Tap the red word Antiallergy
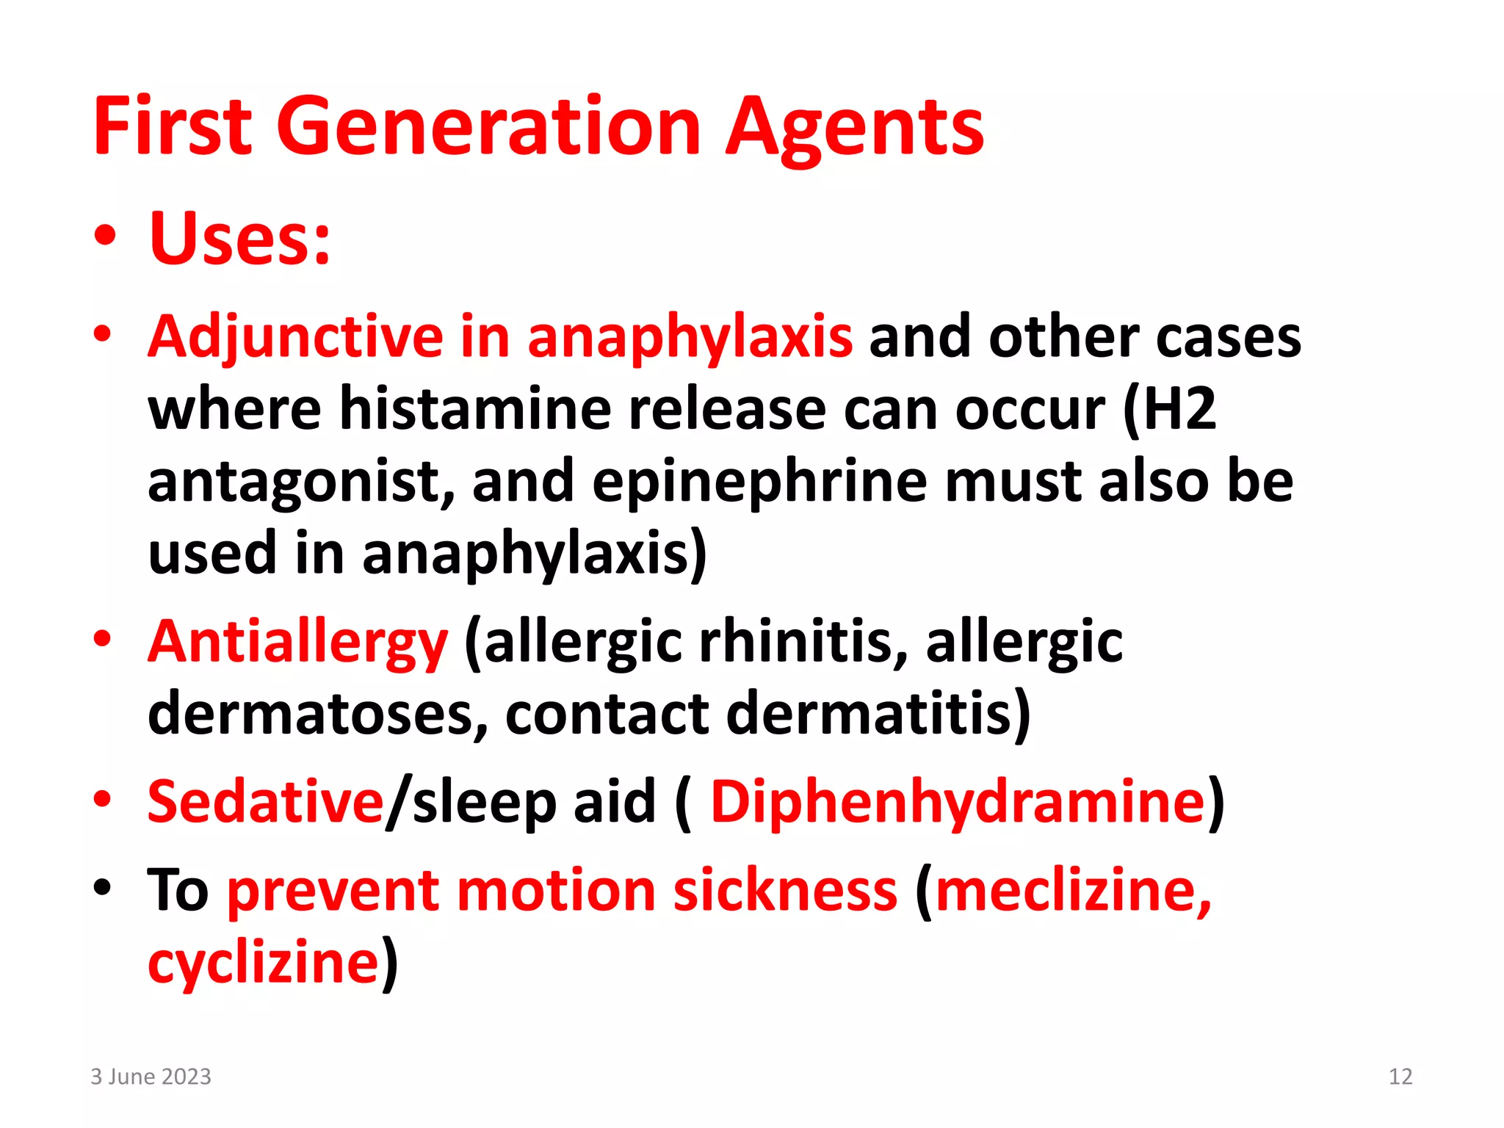pyautogui.click(x=297, y=642)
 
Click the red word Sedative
pyautogui.click(x=265, y=800)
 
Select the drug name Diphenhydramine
pyautogui.click(x=958, y=800)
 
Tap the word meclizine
pyautogui.click(x=1073, y=890)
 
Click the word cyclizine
pyautogui.click(x=264, y=962)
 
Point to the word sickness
pyautogui.click(x=785, y=890)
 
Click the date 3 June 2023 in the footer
pyautogui.click(x=151, y=1077)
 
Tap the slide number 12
pyautogui.click(x=1400, y=1077)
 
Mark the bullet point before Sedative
pyautogui.click(x=103, y=799)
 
